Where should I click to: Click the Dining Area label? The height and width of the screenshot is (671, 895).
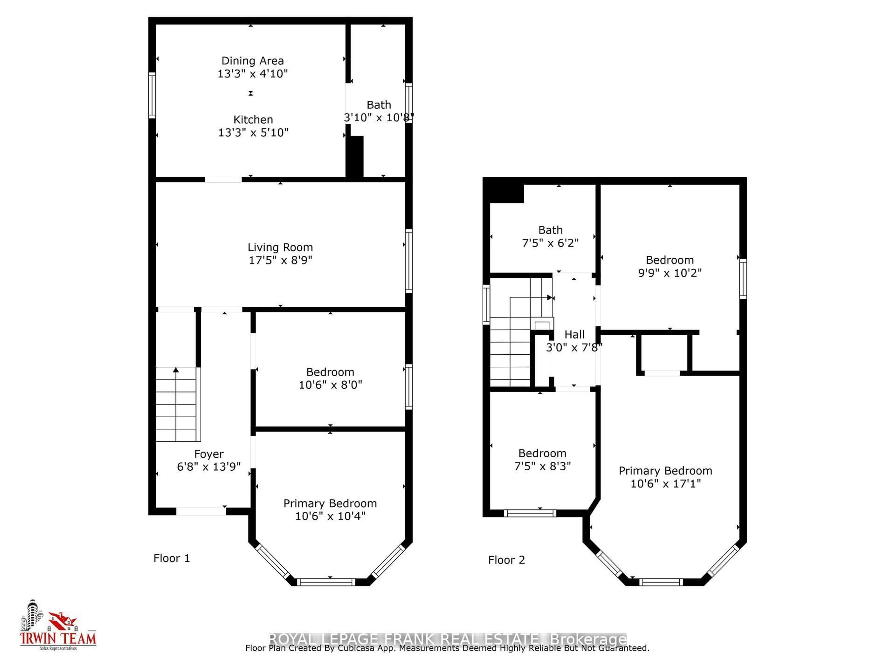click(252, 61)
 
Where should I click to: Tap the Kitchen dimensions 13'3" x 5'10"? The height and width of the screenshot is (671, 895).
click(253, 133)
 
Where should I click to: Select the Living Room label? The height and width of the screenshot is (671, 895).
click(280, 247)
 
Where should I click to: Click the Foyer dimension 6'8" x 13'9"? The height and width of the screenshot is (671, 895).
click(209, 467)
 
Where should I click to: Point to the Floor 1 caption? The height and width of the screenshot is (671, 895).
click(172, 558)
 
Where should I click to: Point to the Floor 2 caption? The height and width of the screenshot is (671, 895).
click(506, 560)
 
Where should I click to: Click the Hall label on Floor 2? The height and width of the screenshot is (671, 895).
click(574, 335)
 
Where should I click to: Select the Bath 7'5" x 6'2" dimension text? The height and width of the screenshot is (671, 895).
click(550, 243)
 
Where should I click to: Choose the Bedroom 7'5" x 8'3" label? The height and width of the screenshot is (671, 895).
click(542, 453)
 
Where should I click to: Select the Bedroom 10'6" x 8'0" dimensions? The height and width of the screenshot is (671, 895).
click(330, 385)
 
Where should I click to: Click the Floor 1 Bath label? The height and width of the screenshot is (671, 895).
click(379, 105)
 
